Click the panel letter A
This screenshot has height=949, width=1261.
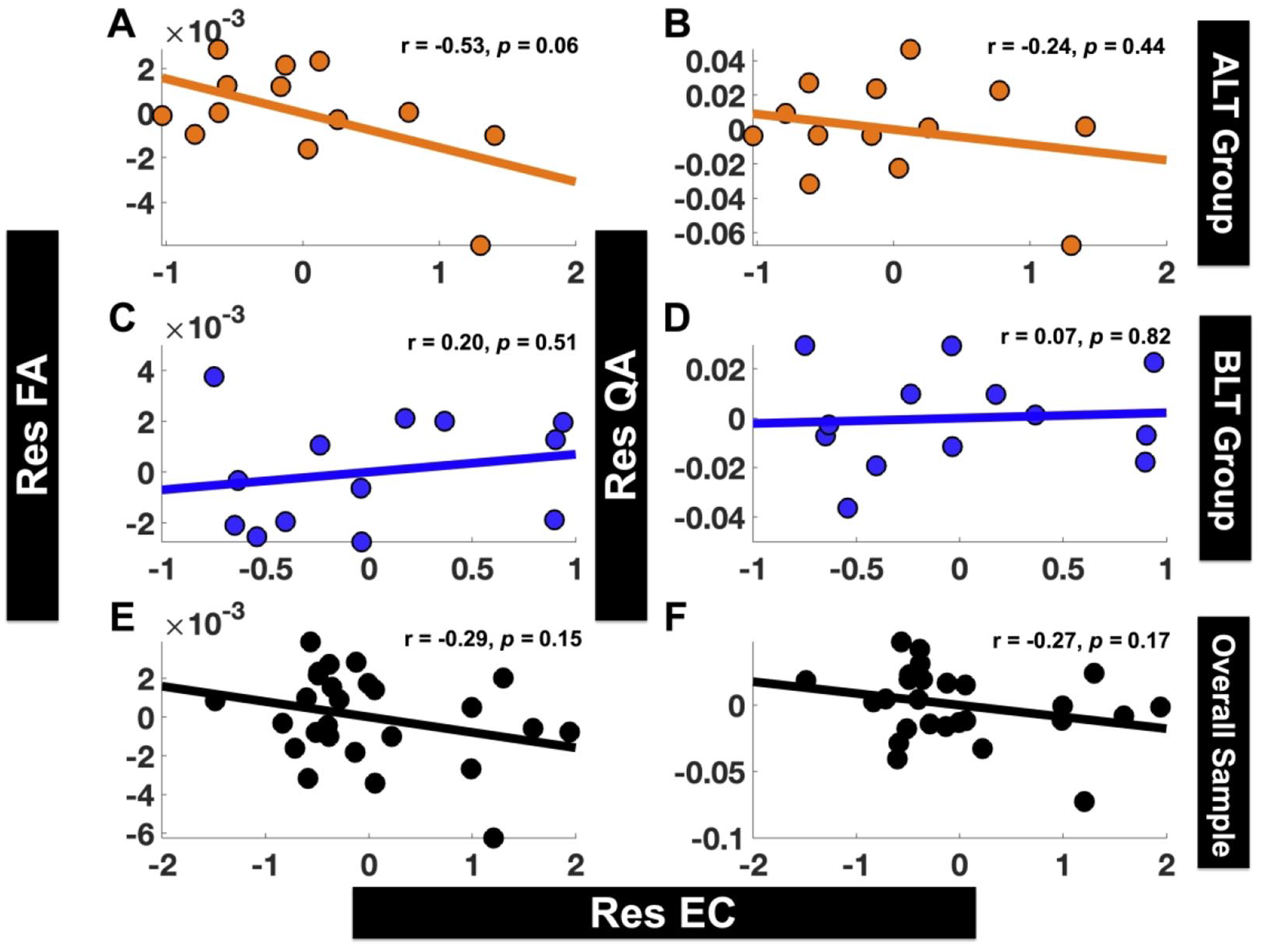(x=122, y=24)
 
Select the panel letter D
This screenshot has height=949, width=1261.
(x=677, y=318)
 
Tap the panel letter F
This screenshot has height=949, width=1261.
(x=676, y=618)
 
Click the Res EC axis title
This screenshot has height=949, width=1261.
(x=663, y=913)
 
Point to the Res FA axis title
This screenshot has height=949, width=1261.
(x=33, y=424)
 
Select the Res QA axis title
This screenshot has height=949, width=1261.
(x=621, y=424)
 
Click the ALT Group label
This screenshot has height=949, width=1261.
(x=1223, y=143)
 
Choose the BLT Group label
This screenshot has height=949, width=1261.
(x=1224, y=438)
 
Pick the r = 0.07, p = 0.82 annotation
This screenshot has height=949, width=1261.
(x=1085, y=337)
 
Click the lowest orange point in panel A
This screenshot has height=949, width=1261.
(x=480, y=245)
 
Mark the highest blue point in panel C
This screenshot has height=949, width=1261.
(x=214, y=376)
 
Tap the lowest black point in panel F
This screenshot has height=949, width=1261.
(x=1085, y=802)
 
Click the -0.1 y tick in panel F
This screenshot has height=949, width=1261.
(x=717, y=839)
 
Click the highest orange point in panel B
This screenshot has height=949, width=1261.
(x=910, y=49)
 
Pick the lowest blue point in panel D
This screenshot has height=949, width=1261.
(x=848, y=507)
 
